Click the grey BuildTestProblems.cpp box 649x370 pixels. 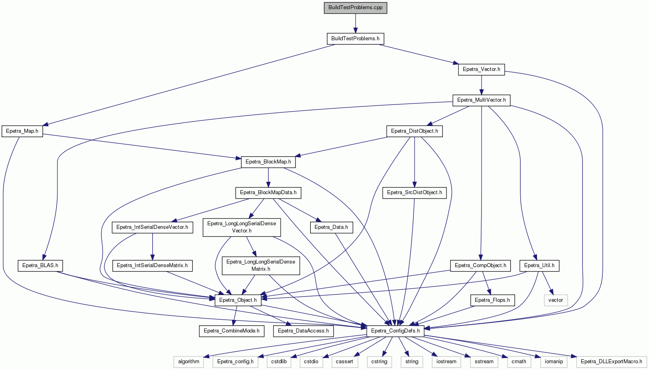[355, 8]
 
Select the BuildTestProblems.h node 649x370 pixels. [355, 39]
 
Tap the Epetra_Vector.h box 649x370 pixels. [481, 69]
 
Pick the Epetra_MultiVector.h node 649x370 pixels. [481, 100]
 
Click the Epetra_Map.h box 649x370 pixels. [22, 131]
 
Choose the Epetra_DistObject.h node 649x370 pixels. [414, 131]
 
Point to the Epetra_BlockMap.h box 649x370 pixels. [268, 162]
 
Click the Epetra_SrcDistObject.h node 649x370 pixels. [414, 193]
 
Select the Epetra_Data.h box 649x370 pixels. [331, 227]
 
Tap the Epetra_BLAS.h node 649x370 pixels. [40, 266]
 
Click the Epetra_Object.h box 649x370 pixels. [238, 300]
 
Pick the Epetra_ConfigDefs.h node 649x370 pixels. [395, 331]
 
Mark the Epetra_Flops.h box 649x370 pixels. [492, 300]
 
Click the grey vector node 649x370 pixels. [556, 300]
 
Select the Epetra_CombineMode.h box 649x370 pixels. [232, 331]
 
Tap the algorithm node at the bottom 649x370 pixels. [189, 362]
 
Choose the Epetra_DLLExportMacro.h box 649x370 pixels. [612, 362]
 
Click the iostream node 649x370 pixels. [446, 362]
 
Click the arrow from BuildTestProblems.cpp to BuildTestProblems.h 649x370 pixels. [355, 24]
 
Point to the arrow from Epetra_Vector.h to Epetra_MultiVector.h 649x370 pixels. [481, 85]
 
